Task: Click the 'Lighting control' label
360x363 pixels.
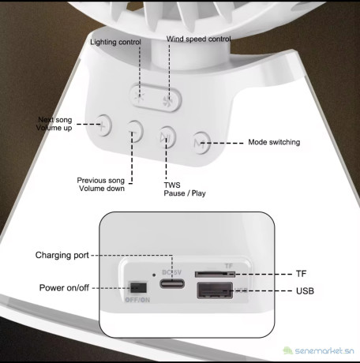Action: coord(115,42)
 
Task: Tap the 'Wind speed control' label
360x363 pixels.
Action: coord(199,39)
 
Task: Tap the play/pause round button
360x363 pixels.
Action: coord(167,137)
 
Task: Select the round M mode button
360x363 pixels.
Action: coord(201,143)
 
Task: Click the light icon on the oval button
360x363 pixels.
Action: coord(139,97)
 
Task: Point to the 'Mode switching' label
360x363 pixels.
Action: coord(274,142)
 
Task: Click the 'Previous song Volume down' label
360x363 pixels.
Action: coord(101,185)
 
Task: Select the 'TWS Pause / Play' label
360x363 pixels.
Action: coord(185,189)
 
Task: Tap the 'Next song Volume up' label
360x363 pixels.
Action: coord(54,124)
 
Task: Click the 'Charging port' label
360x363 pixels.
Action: coord(62,255)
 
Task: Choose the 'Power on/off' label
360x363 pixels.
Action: coord(64,288)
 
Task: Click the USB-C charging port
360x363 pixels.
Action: coord(172,284)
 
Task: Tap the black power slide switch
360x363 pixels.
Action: coord(137,287)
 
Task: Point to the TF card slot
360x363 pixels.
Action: coord(215,274)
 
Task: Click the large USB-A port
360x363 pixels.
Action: coord(215,290)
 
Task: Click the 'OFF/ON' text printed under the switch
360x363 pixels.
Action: coord(137,300)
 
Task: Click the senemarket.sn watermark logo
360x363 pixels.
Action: coord(318,350)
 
